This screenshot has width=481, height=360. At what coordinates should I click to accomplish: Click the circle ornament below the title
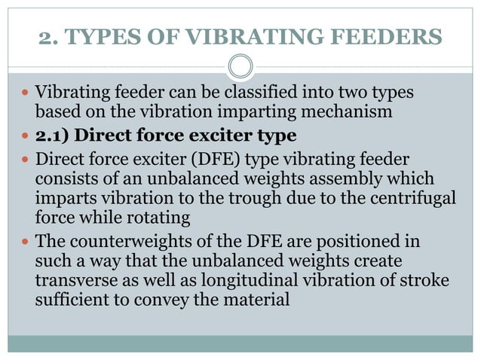coord(240,66)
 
